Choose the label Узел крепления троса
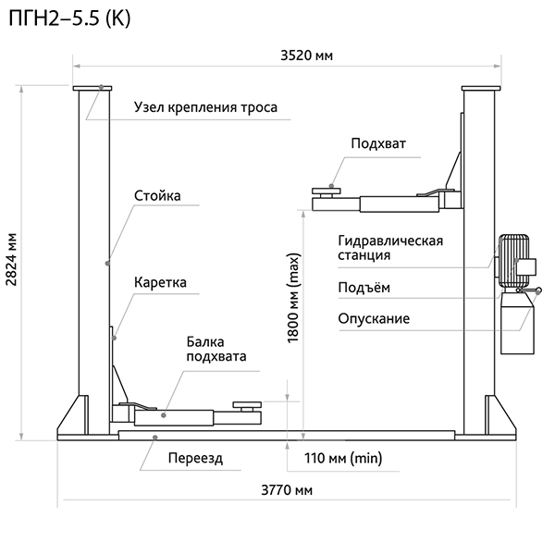tap(205, 108)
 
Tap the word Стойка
tap(156, 196)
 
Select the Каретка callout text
tap(160, 282)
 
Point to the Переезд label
tap(195, 458)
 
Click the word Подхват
tap(377, 142)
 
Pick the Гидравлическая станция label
tap(389, 248)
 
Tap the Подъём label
tap(357, 288)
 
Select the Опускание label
tap(374, 319)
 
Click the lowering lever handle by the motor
tap(530, 295)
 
